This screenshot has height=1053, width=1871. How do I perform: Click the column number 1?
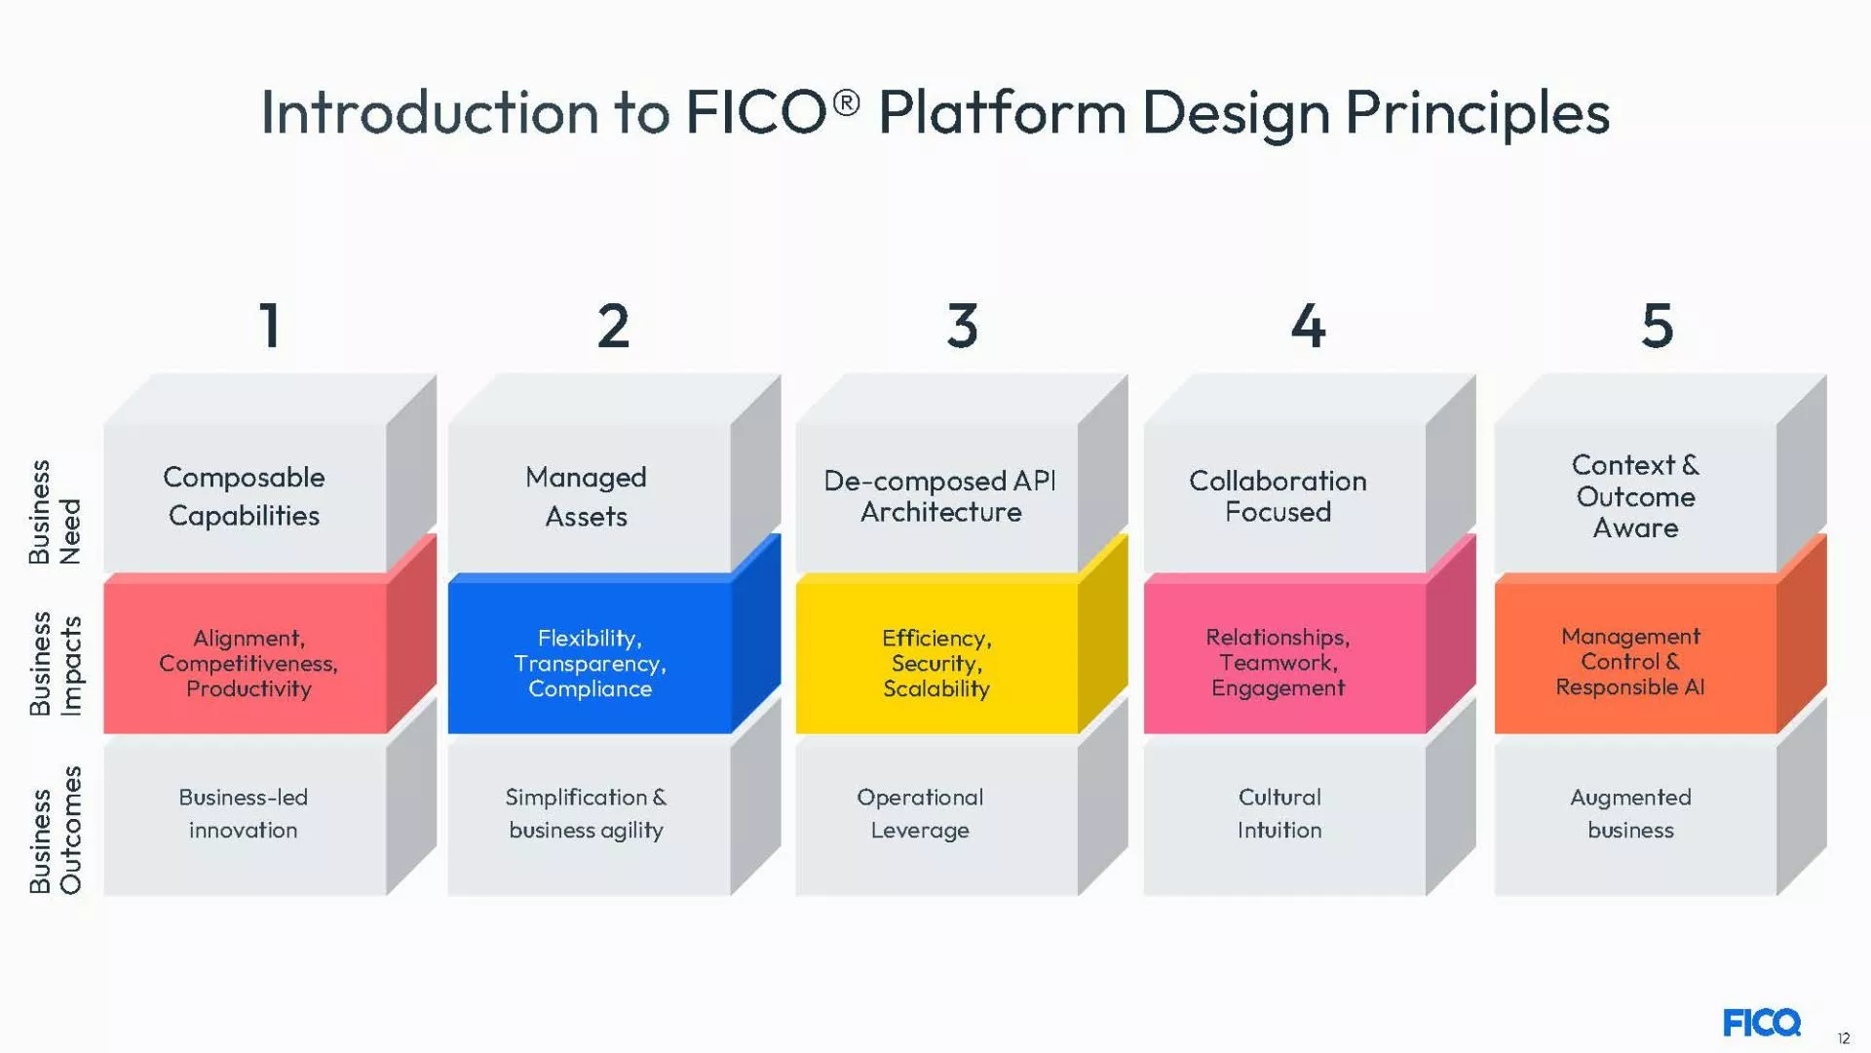pos(270,325)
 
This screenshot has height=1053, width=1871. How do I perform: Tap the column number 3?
pos(962,325)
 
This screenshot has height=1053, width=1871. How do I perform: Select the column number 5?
pos(1657,325)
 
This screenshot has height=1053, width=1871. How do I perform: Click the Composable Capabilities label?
pos(244,496)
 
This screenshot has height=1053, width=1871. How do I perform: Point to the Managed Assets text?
pos(586,496)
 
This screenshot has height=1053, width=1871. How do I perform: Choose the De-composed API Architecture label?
pos(939,496)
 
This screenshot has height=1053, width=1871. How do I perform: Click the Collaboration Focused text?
pos(1278,496)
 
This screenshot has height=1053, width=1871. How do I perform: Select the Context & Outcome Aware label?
pos(1635,496)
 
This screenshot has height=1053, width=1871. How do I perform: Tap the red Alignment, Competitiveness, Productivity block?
pos(248,663)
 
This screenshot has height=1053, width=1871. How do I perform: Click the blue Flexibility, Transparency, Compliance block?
pos(590,663)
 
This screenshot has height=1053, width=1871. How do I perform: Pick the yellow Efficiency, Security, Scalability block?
pos(936,663)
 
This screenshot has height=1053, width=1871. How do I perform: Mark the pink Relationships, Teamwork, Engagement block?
pos(1278,663)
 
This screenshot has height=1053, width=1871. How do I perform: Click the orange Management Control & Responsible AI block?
pos(1630,662)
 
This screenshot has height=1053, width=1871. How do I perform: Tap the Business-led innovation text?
pos(243,813)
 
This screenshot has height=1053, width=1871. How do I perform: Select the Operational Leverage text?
pos(920,813)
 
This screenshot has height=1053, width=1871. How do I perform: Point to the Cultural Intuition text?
pos(1279,813)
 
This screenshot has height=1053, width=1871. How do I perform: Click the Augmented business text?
pos(1630,813)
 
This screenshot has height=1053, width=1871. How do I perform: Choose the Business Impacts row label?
pos(55,664)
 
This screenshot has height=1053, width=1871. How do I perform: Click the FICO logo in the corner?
pos(1761,1023)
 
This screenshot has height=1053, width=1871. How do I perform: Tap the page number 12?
pos(1843,1038)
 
